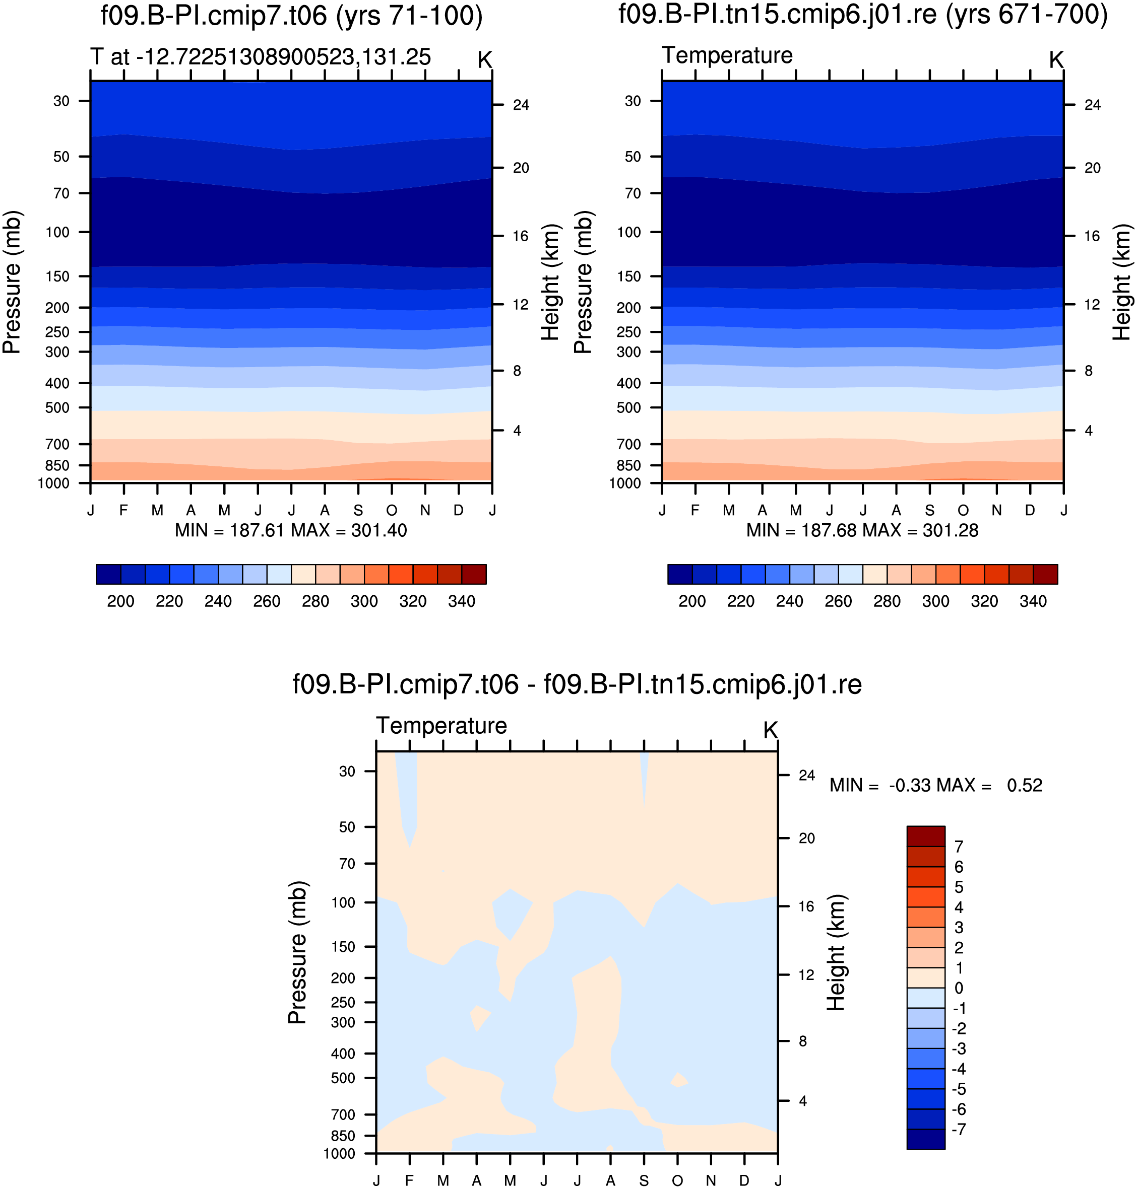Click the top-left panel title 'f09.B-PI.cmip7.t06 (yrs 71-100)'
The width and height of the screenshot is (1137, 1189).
(291, 16)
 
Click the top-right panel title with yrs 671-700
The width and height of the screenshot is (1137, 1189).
(863, 15)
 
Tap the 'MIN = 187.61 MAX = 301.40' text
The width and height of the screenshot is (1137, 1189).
(291, 531)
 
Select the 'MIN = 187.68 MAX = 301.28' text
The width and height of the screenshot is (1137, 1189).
(862, 531)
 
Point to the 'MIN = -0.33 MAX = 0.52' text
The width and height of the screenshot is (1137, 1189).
(936, 785)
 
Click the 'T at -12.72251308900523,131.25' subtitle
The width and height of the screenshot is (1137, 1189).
(261, 57)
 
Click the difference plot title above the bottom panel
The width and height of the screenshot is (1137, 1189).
(577, 684)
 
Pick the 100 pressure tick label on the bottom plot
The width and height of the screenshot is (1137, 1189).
(343, 902)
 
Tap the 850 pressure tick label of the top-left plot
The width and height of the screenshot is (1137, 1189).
(57, 465)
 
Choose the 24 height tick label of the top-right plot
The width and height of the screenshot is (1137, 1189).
(1093, 105)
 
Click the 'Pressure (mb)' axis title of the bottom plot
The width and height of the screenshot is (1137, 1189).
(297, 952)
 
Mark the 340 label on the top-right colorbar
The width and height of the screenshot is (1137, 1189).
(1033, 601)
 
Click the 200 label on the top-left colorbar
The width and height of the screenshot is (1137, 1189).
(120, 601)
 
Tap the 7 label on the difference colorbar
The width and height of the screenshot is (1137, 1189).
(959, 847)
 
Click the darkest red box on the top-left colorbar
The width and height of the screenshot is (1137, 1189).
(474, 574)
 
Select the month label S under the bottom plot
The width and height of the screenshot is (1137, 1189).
(644, 1180)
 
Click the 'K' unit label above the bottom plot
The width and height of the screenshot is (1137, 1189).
(770, 731)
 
